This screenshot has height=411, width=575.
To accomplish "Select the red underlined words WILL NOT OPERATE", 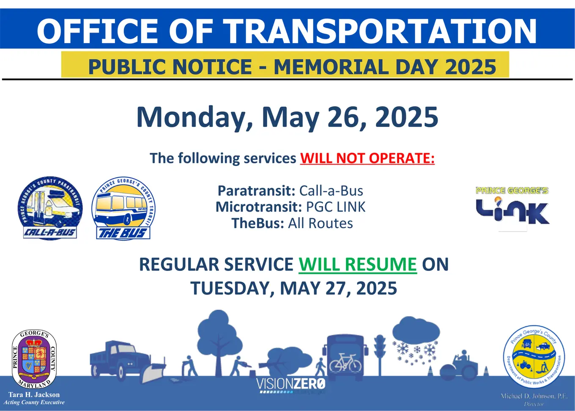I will (x=367, y=158).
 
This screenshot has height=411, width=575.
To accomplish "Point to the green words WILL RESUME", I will (x=358, y=265).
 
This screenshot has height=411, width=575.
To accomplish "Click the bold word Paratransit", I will (x=256, y=191).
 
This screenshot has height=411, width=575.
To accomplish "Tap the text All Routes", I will (x=320, y=223).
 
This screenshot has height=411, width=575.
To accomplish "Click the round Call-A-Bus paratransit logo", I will (x=50, y=208).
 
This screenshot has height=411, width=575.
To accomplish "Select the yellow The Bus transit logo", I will (x=123, y=209).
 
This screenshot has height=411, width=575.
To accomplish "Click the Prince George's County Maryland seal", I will (x=34, y=359).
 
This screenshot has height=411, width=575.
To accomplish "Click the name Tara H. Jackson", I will (x=34, y=394).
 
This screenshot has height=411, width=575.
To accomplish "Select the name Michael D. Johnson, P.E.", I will (x=534, y=396).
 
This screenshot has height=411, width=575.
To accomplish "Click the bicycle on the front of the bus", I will (x=345, y=363).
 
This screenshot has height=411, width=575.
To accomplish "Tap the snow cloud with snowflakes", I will (x=416, y=339).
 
